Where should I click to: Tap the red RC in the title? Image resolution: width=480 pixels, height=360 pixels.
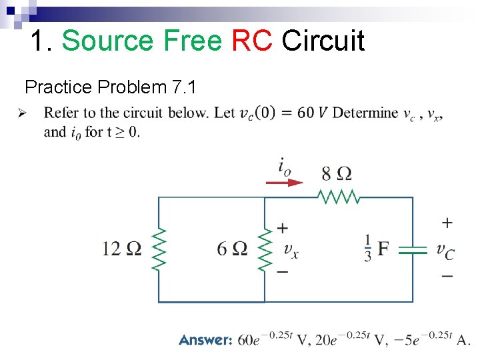coord(252,41)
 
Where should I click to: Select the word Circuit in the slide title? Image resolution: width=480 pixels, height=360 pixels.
coord(323,41)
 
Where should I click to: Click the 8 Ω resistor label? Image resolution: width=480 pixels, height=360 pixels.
coord(337,173)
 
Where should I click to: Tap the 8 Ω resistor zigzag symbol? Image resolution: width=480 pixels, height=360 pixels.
coord(339,197)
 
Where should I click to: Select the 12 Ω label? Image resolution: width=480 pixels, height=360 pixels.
coord(121,249)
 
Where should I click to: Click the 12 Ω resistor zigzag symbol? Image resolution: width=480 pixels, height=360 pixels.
coord(159,249)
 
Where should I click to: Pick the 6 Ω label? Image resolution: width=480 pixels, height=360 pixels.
coord(232,249)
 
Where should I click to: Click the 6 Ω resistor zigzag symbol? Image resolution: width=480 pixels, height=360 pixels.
coord(265,249)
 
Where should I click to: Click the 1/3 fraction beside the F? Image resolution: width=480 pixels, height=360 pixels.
coord(367,248)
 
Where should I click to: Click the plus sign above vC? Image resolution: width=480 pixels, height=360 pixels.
coord(447,222)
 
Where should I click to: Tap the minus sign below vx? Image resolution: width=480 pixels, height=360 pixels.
coord(283,271)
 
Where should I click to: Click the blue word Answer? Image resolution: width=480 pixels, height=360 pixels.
coord(205,340)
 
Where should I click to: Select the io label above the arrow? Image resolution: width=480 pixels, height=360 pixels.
coord(284,166)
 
